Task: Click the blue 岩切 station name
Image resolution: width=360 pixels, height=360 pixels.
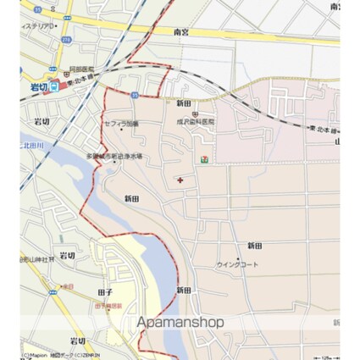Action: click(37, 85)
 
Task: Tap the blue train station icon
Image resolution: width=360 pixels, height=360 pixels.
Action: click(53, 85)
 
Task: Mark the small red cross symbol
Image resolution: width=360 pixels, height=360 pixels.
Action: click(180, 180)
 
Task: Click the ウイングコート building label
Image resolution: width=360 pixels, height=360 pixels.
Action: click(237, 264)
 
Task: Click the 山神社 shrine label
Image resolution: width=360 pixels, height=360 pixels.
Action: click(40, 258)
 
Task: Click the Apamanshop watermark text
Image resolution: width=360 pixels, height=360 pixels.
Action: click(180, 322)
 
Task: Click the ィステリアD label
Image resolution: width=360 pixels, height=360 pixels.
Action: click(39, 26)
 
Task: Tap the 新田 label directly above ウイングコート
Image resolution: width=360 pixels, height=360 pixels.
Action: click(254, 245)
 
